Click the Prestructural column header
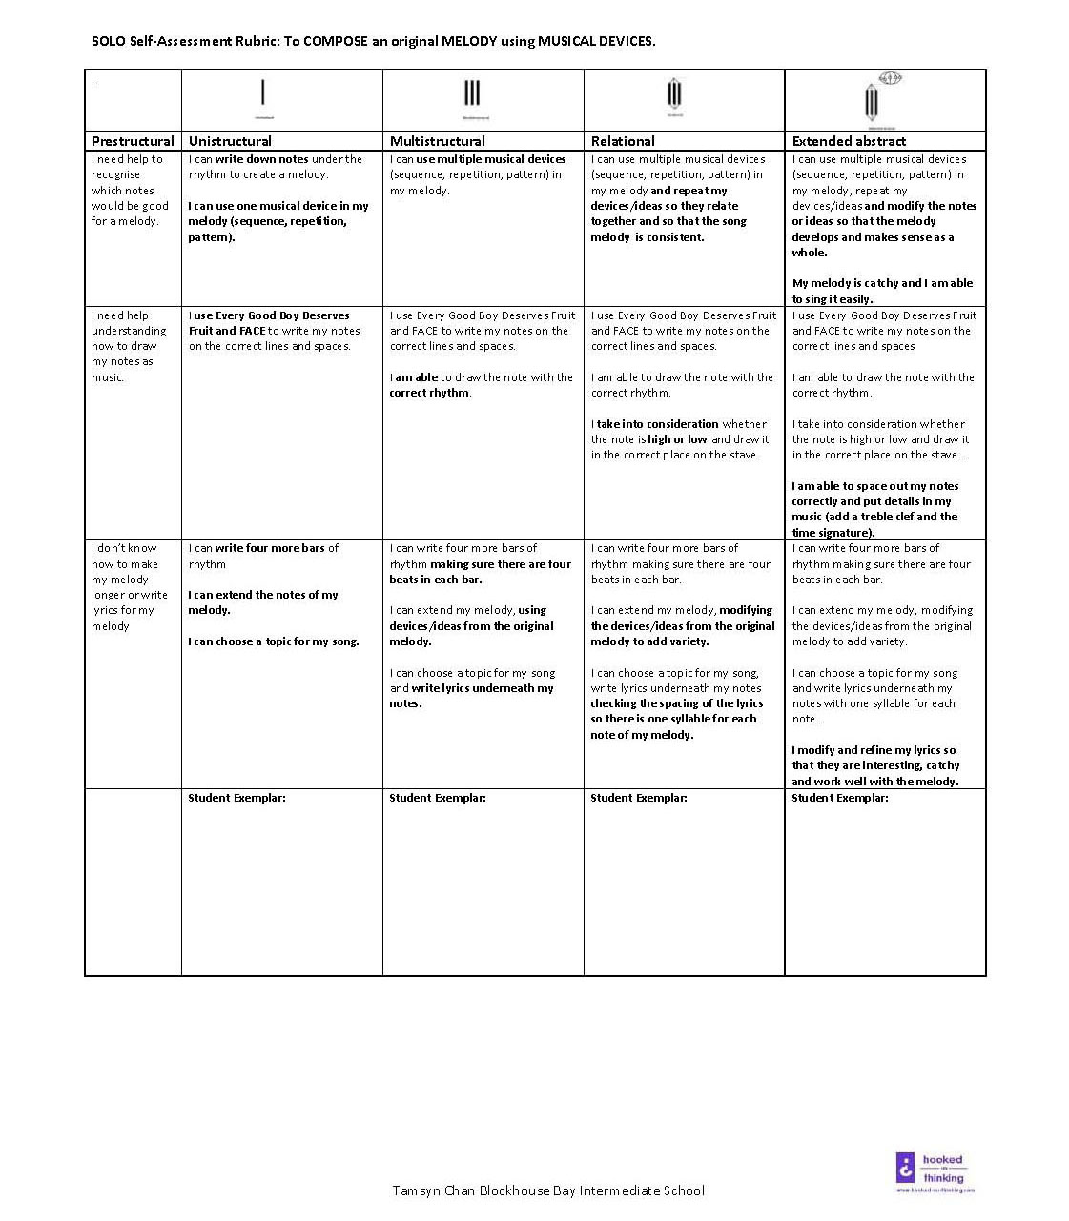tap(133, 141)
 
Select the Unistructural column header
tap(230, 141)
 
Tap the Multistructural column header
tap(438, 141)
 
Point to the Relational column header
tap(623, 141)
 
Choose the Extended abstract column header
tap(849, 141)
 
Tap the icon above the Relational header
tap(674, 94)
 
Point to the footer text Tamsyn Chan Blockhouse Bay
tap(547, 1190)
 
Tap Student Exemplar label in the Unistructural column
tap(236, 798)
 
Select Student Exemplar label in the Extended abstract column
tap(839, 798)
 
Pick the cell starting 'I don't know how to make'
tap(130, 587)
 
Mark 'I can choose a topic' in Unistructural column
tap(273, 641)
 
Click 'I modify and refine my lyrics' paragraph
tap(874, 765)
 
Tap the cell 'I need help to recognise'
tap(130, 190)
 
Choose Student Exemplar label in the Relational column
tap(638, 798)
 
